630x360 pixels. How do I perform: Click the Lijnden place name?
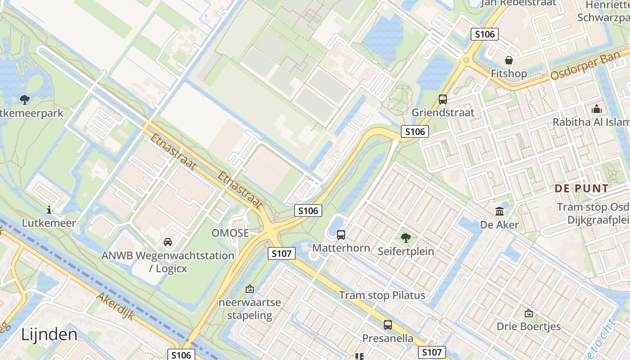click(x=49, y=334)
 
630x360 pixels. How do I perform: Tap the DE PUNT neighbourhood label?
click(x=581, y=189)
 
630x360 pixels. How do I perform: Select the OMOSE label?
click(x=230, y=233)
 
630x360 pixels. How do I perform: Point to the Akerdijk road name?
click(x=116, y=306)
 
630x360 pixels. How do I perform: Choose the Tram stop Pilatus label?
click(x=382, y=295)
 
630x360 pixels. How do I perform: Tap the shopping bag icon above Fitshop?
click(x=509, y=60)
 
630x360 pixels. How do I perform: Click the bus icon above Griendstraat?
click(x=443, y=99)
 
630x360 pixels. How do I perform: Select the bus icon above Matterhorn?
click(x=341, y=234)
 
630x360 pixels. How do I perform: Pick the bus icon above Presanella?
click(x=388, y=324)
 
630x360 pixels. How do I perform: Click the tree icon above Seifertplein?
click(x=406, y=238)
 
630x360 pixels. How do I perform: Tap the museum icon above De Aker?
click(x=499, y=211)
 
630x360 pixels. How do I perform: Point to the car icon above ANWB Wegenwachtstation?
click(x=168, y=242)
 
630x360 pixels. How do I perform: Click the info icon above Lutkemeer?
click(x=49, y=209)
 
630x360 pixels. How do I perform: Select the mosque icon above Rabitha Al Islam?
click(x=597, y=109)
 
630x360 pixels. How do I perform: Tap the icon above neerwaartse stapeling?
click(x=250, y=289)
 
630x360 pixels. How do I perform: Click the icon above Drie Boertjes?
click(x=529, y=313)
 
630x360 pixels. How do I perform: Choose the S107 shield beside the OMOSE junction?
click(x=282, y=254)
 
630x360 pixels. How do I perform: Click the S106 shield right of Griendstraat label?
click(x=414, y=131)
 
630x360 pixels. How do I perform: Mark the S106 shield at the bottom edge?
click(x=181, y=355)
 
